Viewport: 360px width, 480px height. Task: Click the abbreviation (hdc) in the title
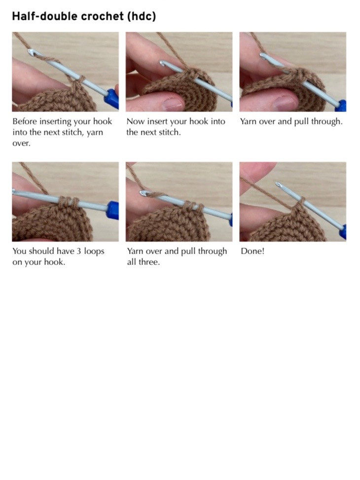(x=141, y=16)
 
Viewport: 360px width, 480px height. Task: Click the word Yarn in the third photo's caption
(x=249, y=121)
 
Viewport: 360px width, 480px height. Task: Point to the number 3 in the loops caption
(x=78, y=251)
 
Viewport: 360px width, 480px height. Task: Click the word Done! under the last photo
(x=252, y=251)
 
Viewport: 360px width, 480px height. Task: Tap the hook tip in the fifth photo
(x=143, y=194)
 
